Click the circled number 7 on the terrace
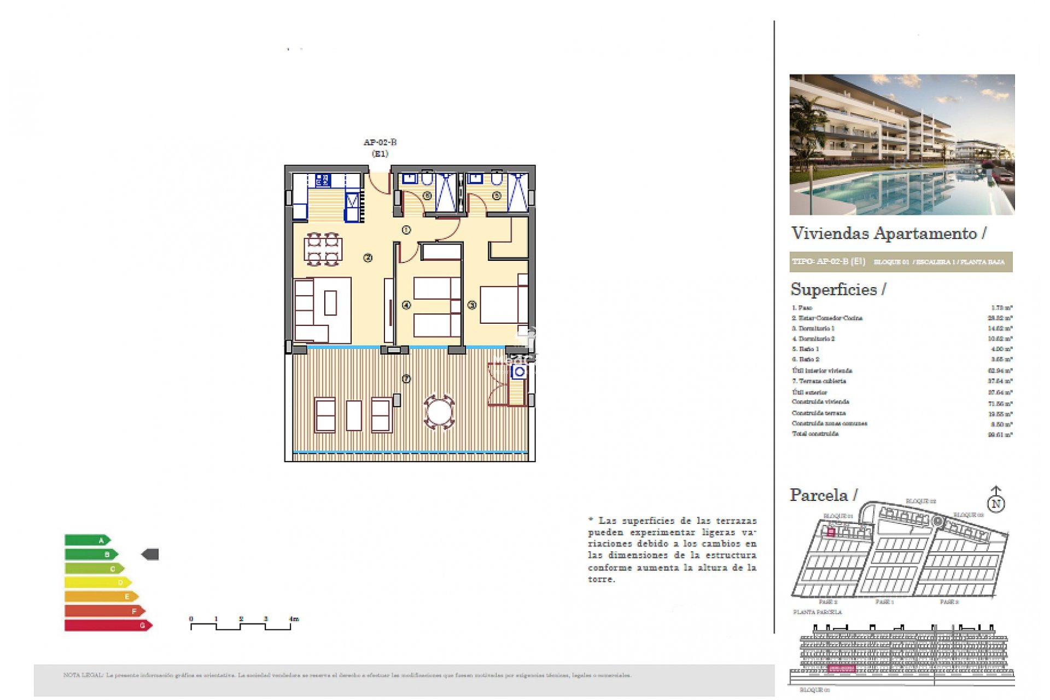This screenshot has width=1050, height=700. click(x=406, y=378)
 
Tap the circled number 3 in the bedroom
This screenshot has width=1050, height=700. click(x=471, y=305)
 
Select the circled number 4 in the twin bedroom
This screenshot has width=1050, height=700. click(x=406, y=305)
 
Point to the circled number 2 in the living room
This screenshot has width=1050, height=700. click(x=367, y=258)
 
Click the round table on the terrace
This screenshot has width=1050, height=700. click(x=439, y=412)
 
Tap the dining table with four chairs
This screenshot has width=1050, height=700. click(x=323, y=249)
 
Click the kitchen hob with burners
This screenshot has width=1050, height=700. click(x=323, y=180)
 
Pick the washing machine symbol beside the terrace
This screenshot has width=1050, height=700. click(x=519, y=372)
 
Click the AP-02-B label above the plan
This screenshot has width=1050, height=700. click(x=380, y=142)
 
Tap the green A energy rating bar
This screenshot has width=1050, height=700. click(x=87, y=540)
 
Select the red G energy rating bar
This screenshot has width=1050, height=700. click(x=107, y=625)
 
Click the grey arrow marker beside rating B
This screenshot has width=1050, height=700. click(x=150, y=555)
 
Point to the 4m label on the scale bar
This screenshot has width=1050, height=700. click(x=294, y=619)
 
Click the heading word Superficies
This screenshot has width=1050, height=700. click(x=833, y=289)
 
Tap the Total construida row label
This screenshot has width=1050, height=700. click(x=815, y=434)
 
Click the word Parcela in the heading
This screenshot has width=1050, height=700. click(x=819, y=495)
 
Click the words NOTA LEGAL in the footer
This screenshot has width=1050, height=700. click(x=83, y=675)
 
